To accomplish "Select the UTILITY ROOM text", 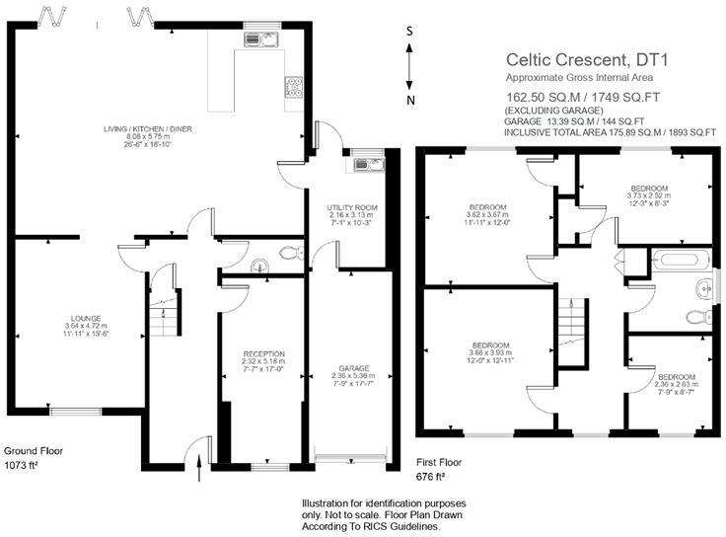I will click(352, 207).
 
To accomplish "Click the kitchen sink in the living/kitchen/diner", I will click(261, 38).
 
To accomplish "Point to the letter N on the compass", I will click(411, 101).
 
